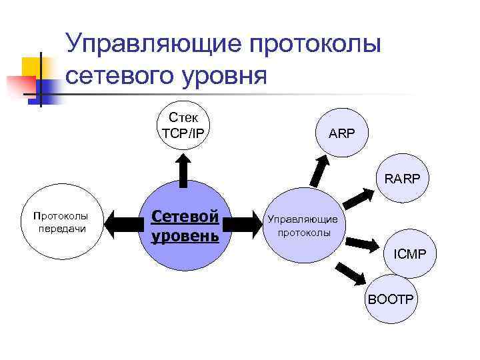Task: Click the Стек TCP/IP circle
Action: click(x=183, y=126)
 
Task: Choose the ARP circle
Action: click(x=341, y=133)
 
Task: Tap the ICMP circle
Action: click(x=414, y=253)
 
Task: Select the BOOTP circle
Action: click(x=392, y=300)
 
